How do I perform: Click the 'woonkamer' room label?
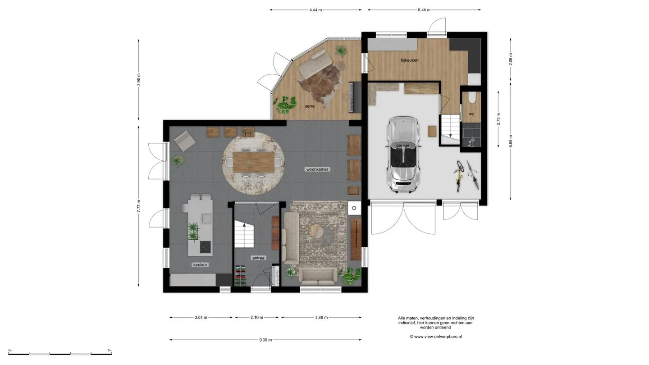point(318,169)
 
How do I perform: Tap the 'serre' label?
point(310,106)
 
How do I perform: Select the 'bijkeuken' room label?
point(409,60)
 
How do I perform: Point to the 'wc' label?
point(471,114)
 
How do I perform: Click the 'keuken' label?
point(200,265)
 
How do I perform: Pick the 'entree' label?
point(258,258)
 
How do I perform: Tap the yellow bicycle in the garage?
point(459,176)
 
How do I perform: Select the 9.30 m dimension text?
point(265,340)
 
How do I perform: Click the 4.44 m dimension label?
point(315,10)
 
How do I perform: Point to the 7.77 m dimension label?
point(138,206)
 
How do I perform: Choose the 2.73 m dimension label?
point(498,119)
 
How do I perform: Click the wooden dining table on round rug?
point(254,162)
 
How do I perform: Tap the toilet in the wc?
point(471,97)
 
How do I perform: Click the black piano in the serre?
point(355,97)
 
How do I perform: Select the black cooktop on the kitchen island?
point(206,247)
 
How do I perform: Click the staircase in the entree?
point(244,234)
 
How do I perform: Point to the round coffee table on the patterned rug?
point(316,232)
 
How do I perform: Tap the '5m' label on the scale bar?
point(109,350)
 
